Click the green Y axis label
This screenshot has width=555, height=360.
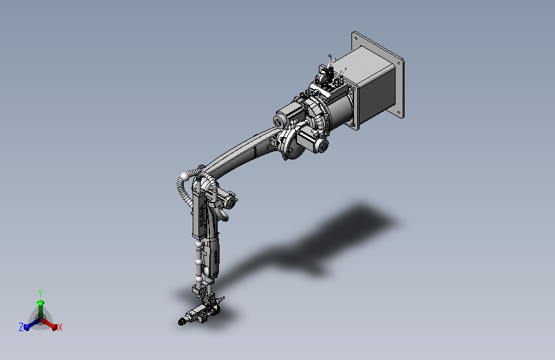click(40, 293)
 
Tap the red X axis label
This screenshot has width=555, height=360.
click(60, 327)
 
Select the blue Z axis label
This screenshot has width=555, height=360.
click(21, 327)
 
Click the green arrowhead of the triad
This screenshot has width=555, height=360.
click(40, 302)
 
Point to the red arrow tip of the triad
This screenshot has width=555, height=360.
click(54, 327)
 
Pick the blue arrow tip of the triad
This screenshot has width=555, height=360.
click(26, 327)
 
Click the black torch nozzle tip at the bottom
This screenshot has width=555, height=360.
click(181, 322)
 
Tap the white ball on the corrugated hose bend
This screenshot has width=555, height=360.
click(184, 176)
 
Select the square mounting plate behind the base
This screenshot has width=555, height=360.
click(378, 74)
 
